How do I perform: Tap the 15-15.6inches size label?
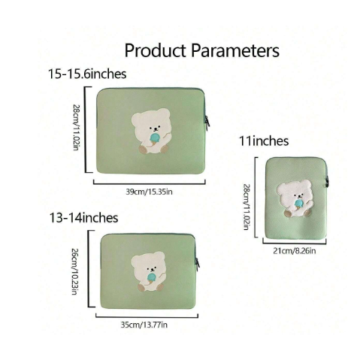pyautogui.click(x=87, y=74)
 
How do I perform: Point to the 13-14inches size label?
pyautogui.click(x=83, y=217)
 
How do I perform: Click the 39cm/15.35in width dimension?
pyautogui.click(x=149, y=192)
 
